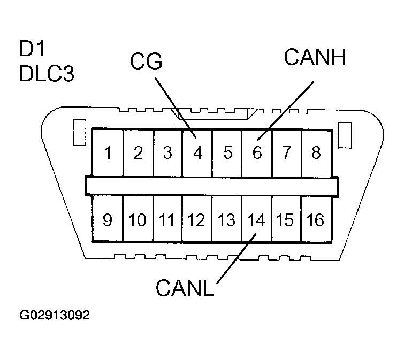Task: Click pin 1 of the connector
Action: (x=108, y=153)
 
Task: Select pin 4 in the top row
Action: (x=198, y=153)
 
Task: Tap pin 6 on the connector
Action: (x=257, y=153)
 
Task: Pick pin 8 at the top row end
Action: (x=316, y=153)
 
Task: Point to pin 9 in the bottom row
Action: (x=108, y=219)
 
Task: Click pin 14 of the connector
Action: (x=257, y=219)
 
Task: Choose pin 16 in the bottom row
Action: (x=316, y=219)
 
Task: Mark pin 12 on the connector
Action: (x=197, y=219)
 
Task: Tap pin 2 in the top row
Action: (x=138, y=153)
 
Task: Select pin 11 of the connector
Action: (x=167, y=219)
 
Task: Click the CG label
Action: (x=146, y=63)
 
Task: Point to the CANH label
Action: (x=315, y=57)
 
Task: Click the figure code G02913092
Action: (x=54, y=315)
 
